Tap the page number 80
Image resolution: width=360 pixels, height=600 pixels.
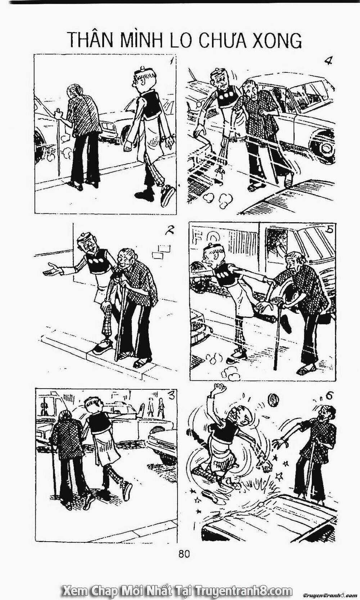coord(184,554)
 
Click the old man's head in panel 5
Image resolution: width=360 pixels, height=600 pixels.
coord(295,260)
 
